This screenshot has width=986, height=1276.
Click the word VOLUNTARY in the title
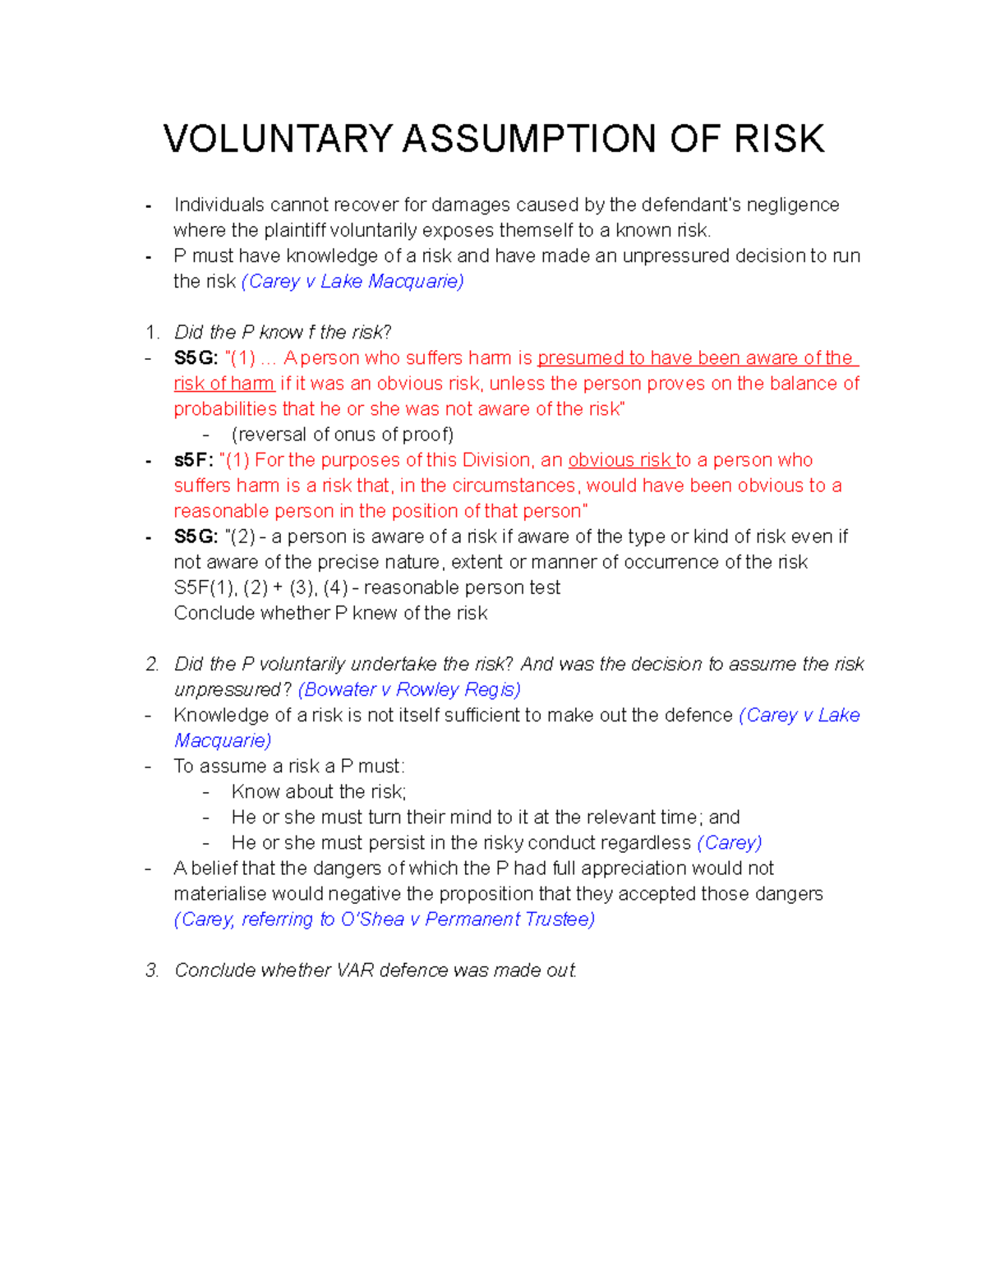coord(278,139)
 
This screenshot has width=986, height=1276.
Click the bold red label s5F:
coord(193,460)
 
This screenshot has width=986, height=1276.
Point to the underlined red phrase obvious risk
coord(620,460)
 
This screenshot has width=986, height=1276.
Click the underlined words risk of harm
coord(223,384)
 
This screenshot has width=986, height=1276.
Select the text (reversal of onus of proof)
coord(343,435)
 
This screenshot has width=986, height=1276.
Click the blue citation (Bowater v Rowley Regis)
coord(409,689)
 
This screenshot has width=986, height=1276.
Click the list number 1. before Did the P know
coord(151,333)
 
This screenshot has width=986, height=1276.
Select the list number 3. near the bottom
coord(151,970)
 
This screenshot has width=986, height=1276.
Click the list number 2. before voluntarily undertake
coord(151,664)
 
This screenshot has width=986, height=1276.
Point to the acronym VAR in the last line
coord(356,970)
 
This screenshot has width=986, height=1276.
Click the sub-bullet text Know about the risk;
coord(319,792)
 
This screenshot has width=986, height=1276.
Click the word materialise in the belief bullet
coord(219,894)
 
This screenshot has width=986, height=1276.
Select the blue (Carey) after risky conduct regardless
coord(729,843)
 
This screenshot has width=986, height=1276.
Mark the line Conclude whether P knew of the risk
coord(330,613)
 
